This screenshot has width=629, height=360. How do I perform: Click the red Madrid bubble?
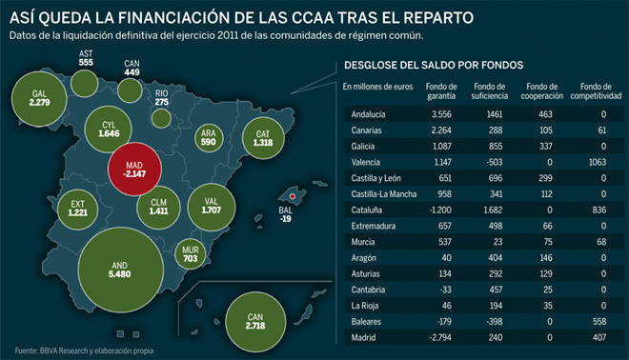[x=134, y=170]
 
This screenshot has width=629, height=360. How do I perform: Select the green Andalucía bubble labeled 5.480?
[x=121, y=270]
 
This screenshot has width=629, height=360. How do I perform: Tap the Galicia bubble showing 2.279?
[x=39, y=99]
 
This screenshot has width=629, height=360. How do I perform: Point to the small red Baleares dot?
[x=293, y=196]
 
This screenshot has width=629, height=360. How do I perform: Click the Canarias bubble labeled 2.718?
[x=255, y=322]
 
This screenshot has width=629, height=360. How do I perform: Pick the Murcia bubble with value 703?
[x=191, y=254]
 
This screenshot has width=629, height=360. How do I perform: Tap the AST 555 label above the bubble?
[x=86, y=58]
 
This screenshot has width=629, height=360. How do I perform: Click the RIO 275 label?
[x=162, y=97]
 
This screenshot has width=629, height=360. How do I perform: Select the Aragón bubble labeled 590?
[x=209, y=137]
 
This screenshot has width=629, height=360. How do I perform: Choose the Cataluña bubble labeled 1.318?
[x=263, y=138]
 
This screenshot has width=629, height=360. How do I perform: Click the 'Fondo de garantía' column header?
[x=441, y=91]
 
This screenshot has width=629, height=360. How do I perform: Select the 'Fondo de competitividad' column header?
[x=596, y=91]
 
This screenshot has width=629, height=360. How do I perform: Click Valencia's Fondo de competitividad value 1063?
[x=598, y=162]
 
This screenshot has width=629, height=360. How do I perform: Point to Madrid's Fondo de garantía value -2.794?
[x=440, y=337]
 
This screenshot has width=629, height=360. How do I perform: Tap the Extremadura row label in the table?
[x=373, y=226]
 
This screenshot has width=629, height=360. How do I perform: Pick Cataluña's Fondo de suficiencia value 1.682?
[x=493, y=210]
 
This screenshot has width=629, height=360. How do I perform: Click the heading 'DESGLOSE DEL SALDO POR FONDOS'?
[x=434, y=65]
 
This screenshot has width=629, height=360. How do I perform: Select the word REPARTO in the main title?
[x=438, y=18]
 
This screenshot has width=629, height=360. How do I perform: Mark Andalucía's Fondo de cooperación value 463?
[x=545, y=114]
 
